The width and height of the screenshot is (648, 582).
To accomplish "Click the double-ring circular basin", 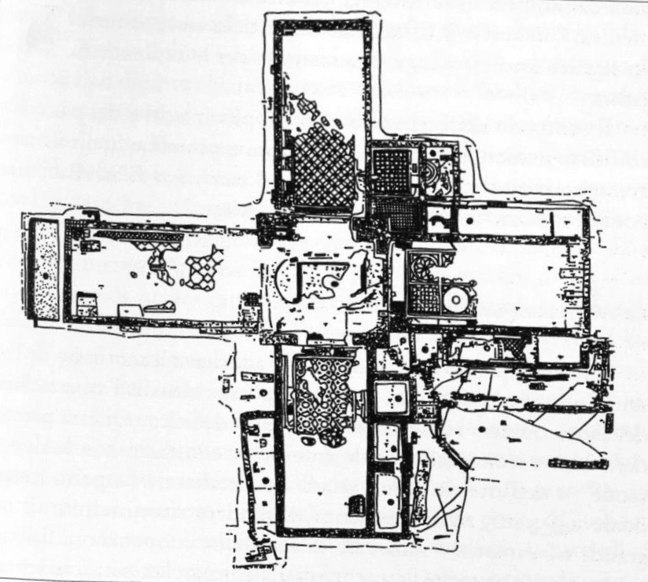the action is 454,300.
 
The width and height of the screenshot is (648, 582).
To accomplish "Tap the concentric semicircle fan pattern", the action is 431,171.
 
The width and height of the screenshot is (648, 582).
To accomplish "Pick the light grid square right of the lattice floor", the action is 391,168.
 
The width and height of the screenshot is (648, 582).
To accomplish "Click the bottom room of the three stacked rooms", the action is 387,498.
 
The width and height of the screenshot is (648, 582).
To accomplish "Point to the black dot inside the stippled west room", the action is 45,275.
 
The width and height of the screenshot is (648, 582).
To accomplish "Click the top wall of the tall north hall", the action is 322,24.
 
